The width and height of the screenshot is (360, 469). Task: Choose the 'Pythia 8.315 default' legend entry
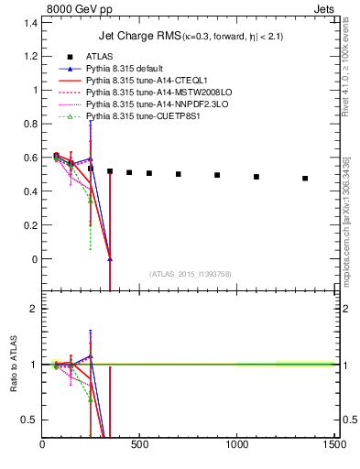coord(127,69)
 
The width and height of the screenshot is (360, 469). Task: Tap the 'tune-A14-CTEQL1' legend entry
coord(137,81)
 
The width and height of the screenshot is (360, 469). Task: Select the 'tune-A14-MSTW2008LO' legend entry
coord(147,93)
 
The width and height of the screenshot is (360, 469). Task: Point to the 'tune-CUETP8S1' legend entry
coord(134,116)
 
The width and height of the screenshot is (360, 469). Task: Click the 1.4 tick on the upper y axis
coord(31,23)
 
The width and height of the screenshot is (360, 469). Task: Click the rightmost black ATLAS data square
coord(305,179)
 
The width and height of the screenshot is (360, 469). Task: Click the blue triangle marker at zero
coord(110,259)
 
